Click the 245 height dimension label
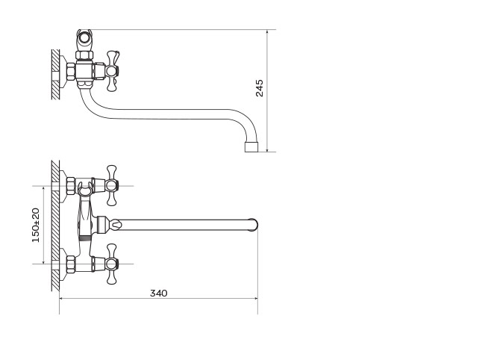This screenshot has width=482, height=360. coord(260,88)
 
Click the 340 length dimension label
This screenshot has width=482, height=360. coord(159,294)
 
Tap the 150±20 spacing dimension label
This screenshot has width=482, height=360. coord(36,226)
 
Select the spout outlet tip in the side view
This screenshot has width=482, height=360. coord(251,147)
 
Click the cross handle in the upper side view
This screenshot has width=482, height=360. coord(112,71)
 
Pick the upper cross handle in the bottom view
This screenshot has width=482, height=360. coord(112,185)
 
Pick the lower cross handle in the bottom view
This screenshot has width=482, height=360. coord(112,264)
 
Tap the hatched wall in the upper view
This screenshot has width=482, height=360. coord(55,75)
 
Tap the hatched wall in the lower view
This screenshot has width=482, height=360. coord(55,226)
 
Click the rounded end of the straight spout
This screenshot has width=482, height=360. coord(253,225)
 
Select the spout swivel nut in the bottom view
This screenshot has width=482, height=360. coord(101,225)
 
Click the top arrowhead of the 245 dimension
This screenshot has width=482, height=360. coord(267,32)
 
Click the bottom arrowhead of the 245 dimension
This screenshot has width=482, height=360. coord(267,149)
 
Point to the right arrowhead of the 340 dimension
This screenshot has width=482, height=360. coord(255,298)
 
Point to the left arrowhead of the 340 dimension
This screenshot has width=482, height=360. coord(62,298)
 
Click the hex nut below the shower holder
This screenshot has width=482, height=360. coord(84,55)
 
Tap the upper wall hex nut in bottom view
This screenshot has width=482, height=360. coord(71,186)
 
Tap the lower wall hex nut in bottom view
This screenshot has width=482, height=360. coord(71,264)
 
